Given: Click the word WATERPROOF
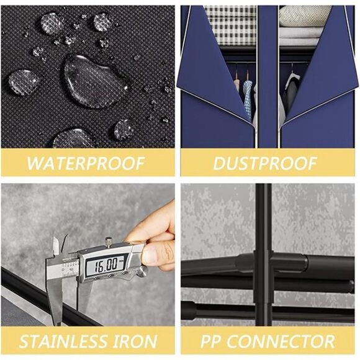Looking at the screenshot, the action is pos(86,163).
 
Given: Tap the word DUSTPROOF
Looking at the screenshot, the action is pos(265,163).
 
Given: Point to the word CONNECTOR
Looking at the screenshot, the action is pos(281,341).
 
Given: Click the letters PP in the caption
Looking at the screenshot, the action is pos(212,341).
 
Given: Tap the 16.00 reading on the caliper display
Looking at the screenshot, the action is pos(106,264).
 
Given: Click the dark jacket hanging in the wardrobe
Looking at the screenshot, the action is pos(289,92).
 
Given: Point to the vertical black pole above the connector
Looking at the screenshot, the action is pos(263,217).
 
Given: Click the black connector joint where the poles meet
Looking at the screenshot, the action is pos(263,264).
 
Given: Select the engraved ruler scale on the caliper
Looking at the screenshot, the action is pos(69,268).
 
